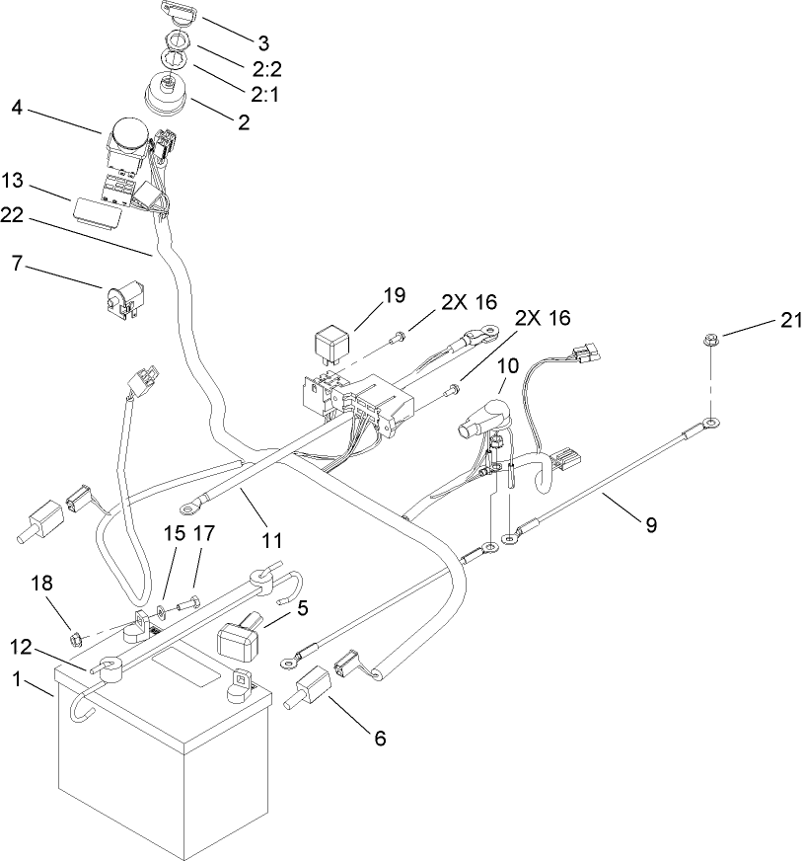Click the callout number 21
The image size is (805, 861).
tap(792, 320)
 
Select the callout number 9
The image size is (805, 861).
tap(650, 526)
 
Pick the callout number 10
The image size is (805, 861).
tap(507, 365)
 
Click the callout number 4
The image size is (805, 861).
tap(17, 106)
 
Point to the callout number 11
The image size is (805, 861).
tap(272, 540)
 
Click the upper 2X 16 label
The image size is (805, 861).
tap(469, 302)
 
